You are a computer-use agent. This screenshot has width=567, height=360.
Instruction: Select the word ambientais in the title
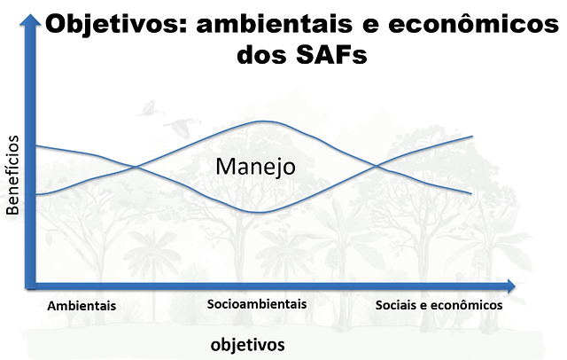pyautogui.click(x=275, y=24)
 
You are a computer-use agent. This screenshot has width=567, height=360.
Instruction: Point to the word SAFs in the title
pyautogui.click(x=331, y=55)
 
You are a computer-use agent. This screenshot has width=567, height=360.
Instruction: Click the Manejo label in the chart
pyautogui.click(x=256, y=168)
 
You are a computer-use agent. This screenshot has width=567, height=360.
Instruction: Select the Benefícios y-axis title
pyautogui.click(x=12, y=175)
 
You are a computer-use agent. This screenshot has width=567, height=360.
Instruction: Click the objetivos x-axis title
pyautogui.click(x=248, y=345)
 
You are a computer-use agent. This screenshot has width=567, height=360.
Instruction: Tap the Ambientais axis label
pyautogui.click(x=82, y=306)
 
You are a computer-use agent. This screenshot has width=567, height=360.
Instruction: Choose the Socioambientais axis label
pyautogui.click(x=257, y=304)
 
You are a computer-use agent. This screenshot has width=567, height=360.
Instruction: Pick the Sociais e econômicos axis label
pyautogui.click(x=439, y=305)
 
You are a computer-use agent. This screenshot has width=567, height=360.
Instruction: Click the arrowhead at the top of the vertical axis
pyautogui.click(x=30, y=20)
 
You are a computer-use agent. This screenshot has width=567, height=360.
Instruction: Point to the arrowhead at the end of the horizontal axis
pyautogui.click(x=510, y=286)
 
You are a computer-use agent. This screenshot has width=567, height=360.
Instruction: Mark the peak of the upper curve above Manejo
pyautogui.click(x=265, y=121)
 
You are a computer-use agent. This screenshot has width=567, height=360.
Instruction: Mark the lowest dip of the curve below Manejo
pyautogui.click(x=258, y=212)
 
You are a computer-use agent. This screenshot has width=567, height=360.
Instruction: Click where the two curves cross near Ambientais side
pyautogui.click(x=136, y=167)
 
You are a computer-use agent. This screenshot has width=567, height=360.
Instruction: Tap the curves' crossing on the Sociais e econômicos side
pyautogui.click(x=377, y=166)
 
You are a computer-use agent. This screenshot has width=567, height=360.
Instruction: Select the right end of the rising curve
pyautogui.click(x=472, y=137)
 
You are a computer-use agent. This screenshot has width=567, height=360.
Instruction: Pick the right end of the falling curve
pyautogui.click(x=471, y=193)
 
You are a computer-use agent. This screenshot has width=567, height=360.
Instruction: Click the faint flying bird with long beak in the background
pyautogui.click(x=183, y=128)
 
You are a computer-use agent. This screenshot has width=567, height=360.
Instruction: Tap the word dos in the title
pyautogui.click(x=262, y=55)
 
